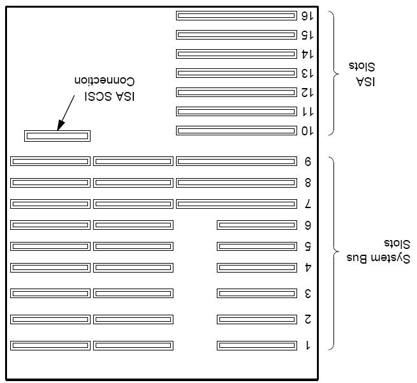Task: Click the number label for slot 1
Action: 308,345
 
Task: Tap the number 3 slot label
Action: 308,294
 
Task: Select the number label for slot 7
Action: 308,204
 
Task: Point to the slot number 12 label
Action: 307,93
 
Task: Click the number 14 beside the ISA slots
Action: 307,54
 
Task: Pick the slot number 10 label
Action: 307,131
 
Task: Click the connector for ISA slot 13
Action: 237,73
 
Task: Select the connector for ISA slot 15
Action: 237,34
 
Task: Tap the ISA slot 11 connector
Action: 237,111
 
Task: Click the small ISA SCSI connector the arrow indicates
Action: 57,136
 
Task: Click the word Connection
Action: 105,80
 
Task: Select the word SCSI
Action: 98,96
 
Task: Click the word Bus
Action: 357,258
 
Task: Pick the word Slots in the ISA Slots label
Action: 362,66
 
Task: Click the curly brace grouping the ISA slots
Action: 333,73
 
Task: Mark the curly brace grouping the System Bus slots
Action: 333,253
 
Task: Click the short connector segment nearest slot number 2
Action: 257,319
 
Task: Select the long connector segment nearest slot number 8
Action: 237,183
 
